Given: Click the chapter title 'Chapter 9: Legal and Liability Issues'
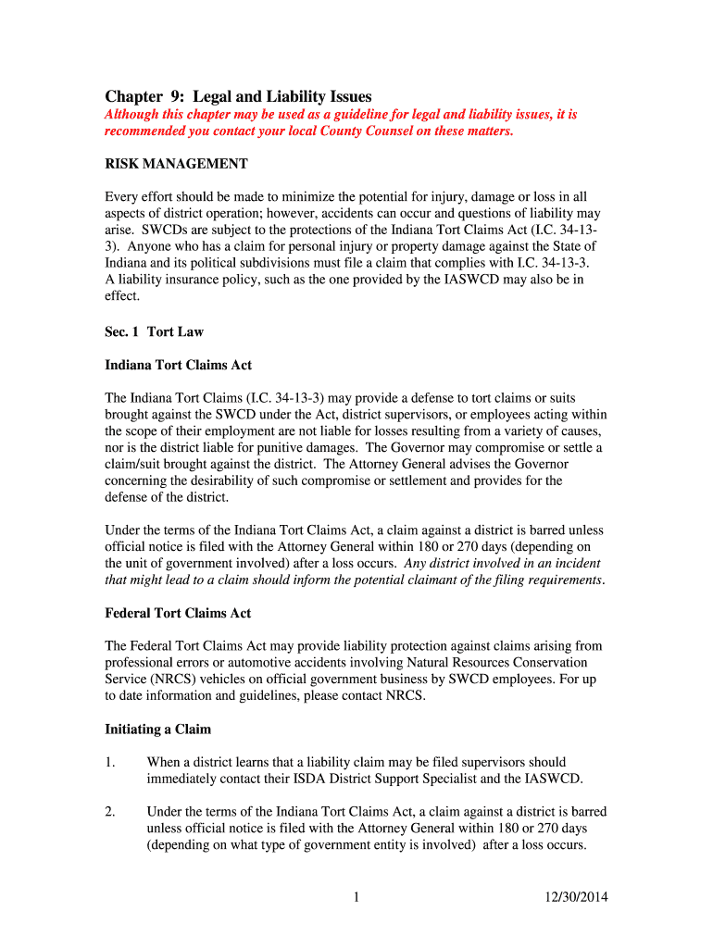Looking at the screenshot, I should tap(238, 96).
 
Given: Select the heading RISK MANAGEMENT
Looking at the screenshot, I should tap(176, 164).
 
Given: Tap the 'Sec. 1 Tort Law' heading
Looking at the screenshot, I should tap(154, 331).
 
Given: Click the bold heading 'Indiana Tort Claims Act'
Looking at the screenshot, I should tap(178, 365).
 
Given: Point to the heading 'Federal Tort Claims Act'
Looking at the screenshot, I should tap(178, 613).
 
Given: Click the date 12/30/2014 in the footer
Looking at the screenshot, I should tap(572, 896).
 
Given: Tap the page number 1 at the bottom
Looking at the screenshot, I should tap(356, 896).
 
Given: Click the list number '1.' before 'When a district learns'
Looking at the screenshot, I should tap(109, 762).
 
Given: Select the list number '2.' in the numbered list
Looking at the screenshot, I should tap(109, 812).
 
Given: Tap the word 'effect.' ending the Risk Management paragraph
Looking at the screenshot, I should tap(122, 296).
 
